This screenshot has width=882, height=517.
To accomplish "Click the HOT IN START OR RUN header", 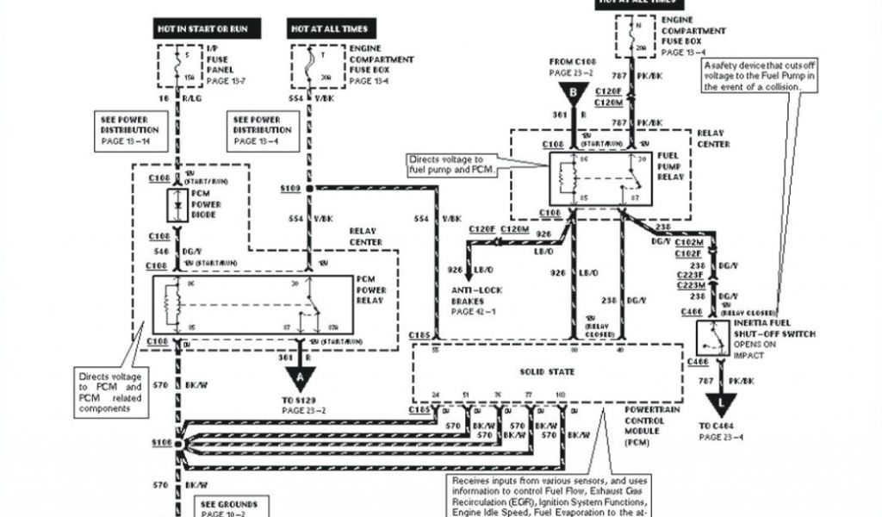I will pyautogui.click(x=202, y=29).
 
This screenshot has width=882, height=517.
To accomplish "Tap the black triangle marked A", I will pyautogui.click(x=300, y=377).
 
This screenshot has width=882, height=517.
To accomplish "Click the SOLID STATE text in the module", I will pyautogui.click(x=541, y=371).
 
